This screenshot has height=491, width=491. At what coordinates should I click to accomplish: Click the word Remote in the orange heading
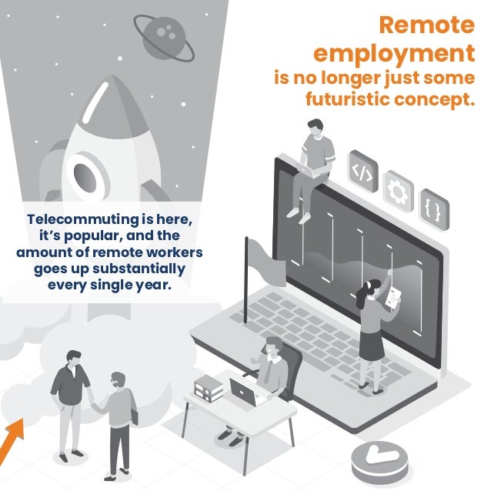tap(427, 25)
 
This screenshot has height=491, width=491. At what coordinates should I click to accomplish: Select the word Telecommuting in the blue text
tap(82, 219)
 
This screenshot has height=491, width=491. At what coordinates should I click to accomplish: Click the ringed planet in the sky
tap(164, 38)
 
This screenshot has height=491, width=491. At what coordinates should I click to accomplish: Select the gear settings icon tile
tap(399, 192)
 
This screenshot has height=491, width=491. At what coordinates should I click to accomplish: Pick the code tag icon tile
tap(363, 171)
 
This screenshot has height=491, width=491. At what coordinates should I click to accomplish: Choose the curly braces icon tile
tap(434, 209)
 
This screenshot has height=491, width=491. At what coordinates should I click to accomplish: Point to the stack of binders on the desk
tap(209, 388)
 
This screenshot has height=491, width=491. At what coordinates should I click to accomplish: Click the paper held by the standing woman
tap(393, 298)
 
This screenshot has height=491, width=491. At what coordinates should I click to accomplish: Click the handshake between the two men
tap(92, 402)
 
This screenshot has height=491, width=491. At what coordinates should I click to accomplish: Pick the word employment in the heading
tap(394, 54)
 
